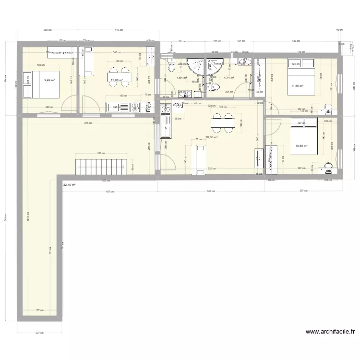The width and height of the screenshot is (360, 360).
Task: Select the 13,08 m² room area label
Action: pos(117,81)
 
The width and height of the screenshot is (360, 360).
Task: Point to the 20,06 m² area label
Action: pos(211,137)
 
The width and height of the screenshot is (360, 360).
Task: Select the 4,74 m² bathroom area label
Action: pos(228,77)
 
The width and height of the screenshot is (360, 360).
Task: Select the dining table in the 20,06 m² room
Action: pos(223,122)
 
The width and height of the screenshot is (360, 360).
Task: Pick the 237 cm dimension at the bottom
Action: pos(39,333)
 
